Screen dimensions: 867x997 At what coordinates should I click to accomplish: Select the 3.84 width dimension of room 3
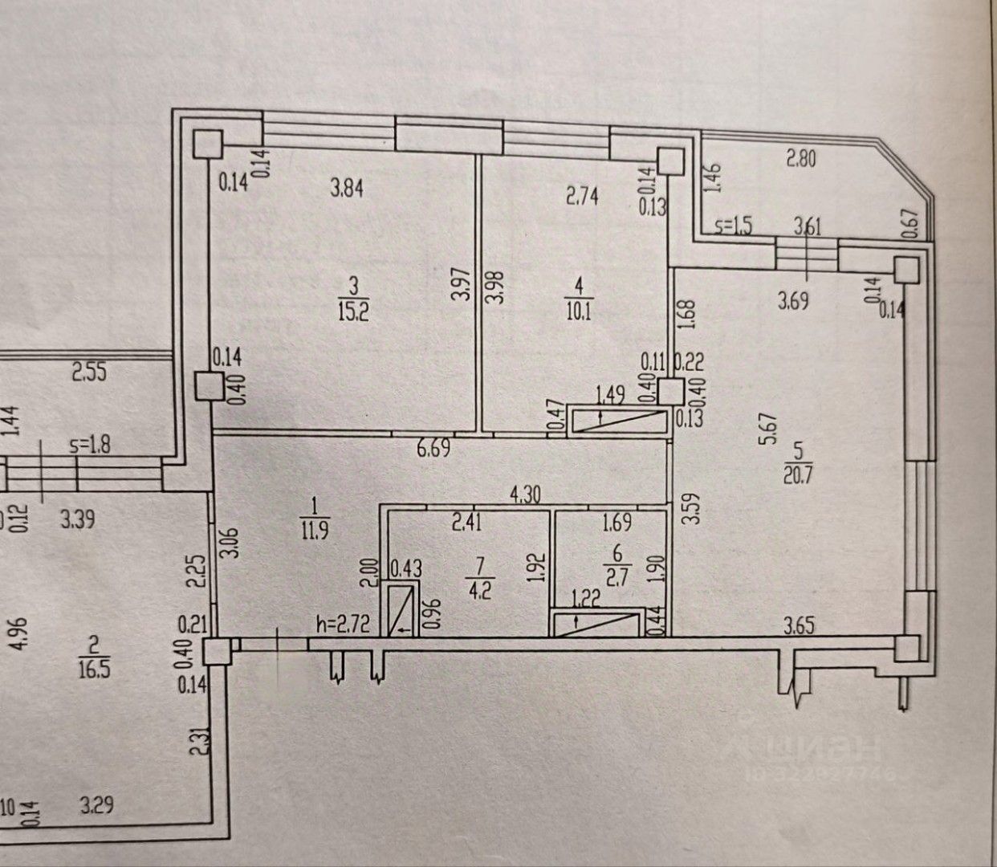click(348, 189)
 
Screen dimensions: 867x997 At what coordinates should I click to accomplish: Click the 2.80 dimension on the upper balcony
click(800, 159)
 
